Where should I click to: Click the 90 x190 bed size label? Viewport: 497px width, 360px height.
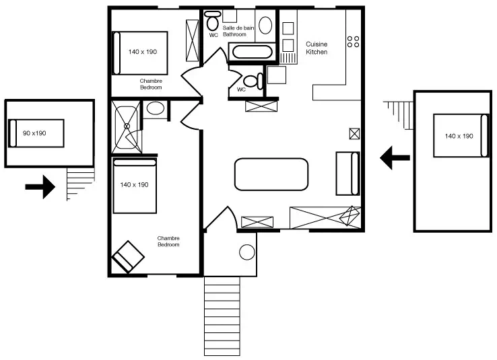pyautogui.click(x=34, y=133)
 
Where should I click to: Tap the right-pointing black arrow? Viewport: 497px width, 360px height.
pyautogui.click(x=40, y=187)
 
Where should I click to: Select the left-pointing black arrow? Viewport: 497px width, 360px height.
pyautogui.click(x=395, y=157)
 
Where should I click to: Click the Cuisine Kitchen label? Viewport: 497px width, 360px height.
pyautogui.click(x=317, y=48)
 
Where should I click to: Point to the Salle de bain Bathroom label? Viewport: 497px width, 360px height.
pyautogui.click(x=238, y=31)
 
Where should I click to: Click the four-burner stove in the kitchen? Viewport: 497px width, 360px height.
pyautogui.click(x=353, y=42)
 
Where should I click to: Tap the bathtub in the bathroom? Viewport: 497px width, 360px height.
pyautogui.click(x=253, y=52)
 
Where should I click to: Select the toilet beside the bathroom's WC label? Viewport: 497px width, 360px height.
pyautogui.click(x=212, y=20)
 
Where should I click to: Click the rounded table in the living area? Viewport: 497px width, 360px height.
pyautogui.click(x=271, y=174)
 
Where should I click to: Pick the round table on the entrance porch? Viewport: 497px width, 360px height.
pyautogui.click(x=247, y=252)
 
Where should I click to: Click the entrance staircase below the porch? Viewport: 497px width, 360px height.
pyautogui.click(x=222, y=316)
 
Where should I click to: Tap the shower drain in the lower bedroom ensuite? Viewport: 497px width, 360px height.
pyautogui.click(x=127, y=127)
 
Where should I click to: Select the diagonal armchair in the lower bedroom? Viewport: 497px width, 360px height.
pyautogui.click(x=128, y=257)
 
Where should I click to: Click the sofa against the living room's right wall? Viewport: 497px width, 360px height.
pyautogui.click(x=347, y=174)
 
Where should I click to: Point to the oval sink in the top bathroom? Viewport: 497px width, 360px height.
pyautogui.click(x=265, y=26)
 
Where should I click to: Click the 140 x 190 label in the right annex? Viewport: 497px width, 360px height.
pyautogui.click(x=459, y=136)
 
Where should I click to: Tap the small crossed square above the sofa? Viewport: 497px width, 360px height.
pyautogui.click(x=354, y=134)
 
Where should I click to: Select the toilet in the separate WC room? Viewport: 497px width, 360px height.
pyautogui.click(x=253, y=81)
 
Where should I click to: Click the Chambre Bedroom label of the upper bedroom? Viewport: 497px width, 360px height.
pyautogui.click(x=151, y=84)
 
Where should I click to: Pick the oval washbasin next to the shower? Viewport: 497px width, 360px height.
pyautogui.click(x=156, y=108)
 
